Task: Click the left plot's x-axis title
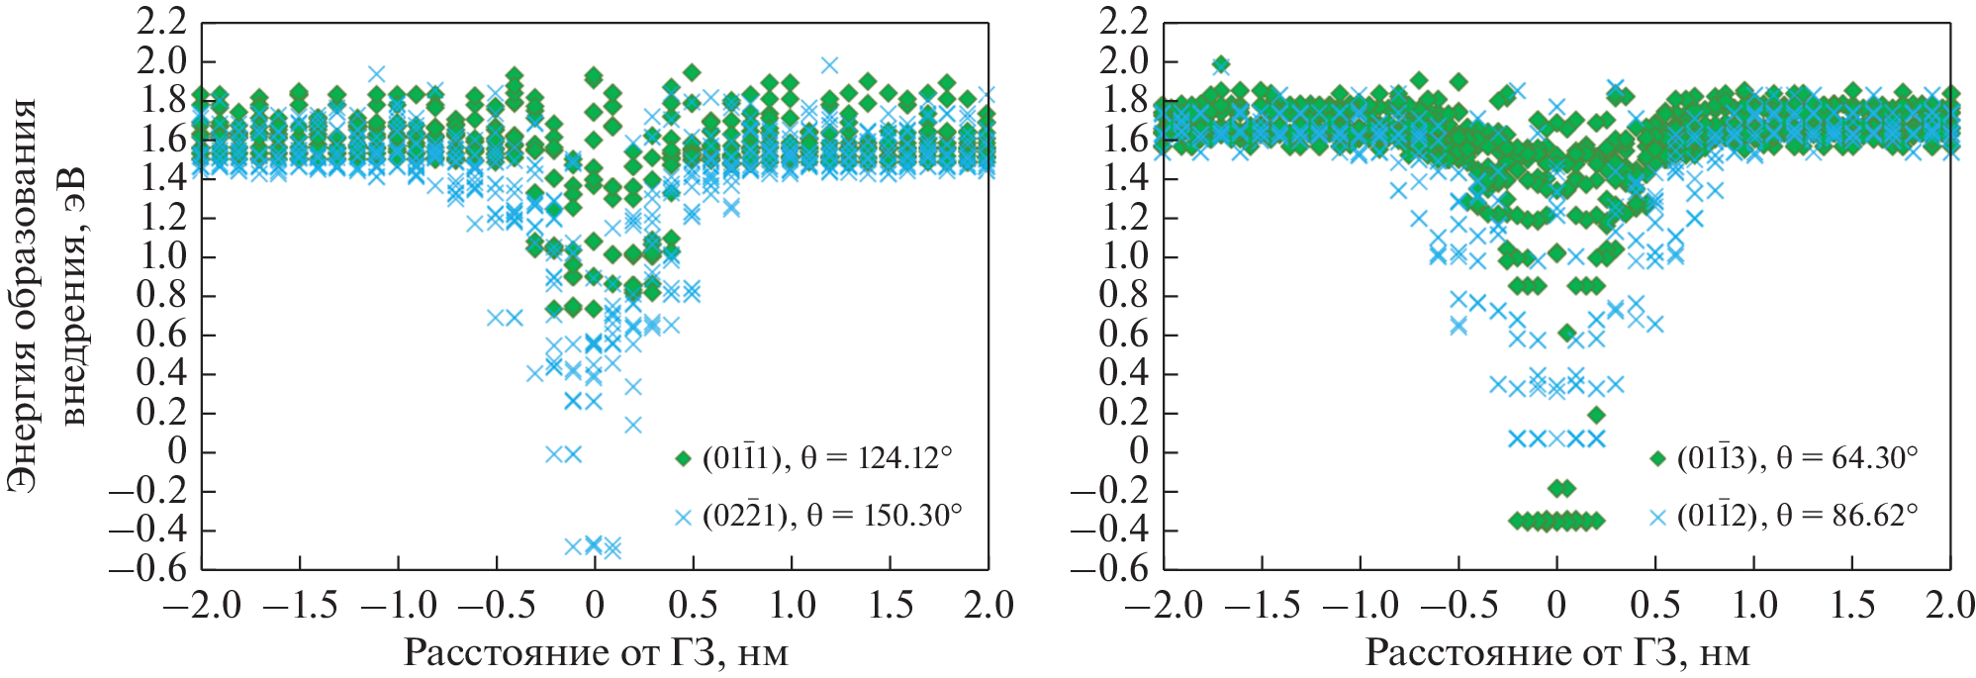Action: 596,653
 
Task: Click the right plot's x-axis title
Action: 1557,653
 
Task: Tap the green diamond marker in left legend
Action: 682,458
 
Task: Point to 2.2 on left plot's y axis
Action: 162,21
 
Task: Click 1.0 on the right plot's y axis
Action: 1125,256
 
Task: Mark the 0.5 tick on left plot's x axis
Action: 693,605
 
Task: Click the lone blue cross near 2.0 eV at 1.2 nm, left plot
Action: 829,65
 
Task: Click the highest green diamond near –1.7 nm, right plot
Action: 1221,65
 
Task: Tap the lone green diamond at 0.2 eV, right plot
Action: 1595,415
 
